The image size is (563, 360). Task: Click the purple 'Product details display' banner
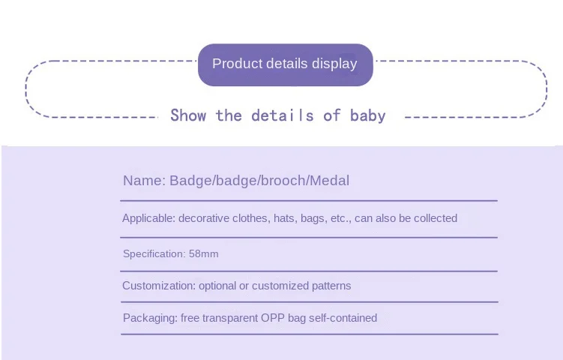tap(286, 64)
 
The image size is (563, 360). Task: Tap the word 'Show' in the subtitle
tap(188, 115)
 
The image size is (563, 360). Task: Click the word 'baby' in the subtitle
tap(367, 116)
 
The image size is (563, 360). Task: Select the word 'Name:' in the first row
tap(145, 180)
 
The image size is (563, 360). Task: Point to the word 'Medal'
tap(330, 180)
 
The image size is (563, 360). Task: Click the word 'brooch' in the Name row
tap(283, 180)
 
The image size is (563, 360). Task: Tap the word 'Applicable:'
tap(149, 218)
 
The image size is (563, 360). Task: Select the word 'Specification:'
tap(154, 254)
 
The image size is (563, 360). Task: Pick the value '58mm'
tap(204, 254)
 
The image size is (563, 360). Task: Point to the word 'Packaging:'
tap(150, 318)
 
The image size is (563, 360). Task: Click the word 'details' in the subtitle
tap(283, 115)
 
